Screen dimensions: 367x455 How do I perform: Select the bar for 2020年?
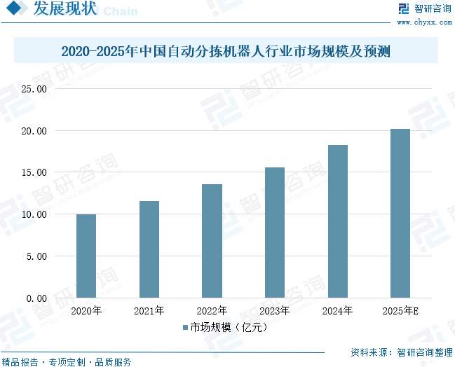click(x=86, y=256)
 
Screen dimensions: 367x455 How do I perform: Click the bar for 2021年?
click(x=149, y=249)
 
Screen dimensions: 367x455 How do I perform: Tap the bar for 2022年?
click(x=212, y=241)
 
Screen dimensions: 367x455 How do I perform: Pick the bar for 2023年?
click(x=275, y=233)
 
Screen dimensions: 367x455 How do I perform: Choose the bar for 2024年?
click(x=337, y=221)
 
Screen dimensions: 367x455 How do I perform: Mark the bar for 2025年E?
click(x=400, y=213)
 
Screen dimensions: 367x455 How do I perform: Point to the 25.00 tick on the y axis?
click(x=33, y=90)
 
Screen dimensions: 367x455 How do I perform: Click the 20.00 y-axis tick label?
click(x=33, y=131)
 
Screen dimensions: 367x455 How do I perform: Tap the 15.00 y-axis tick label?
click(x=33, y=173)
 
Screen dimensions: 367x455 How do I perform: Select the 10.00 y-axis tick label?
click(x=33, y=214)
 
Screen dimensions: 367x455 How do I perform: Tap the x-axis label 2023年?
click(x=275, y=311)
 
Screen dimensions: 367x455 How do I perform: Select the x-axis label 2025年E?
click(x=400, y=311)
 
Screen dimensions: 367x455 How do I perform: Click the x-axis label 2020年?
click(x=86, y=311)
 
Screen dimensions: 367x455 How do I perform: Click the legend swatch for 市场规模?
click(x=186, y=327)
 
